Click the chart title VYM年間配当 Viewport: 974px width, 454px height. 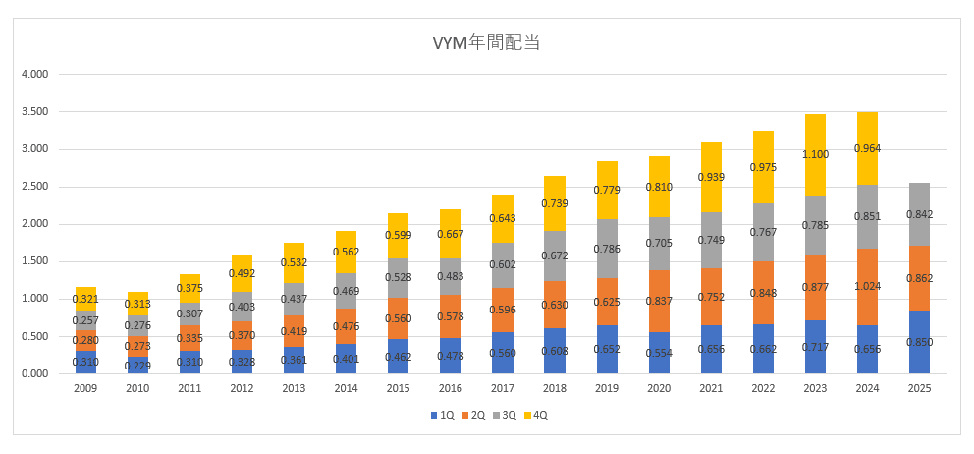click(487, 42)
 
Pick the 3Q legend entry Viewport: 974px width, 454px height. click(506, 416)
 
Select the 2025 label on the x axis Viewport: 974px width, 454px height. click(919, 389)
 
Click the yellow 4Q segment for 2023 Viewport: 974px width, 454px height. click(815, 138)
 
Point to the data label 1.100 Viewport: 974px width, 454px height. click(815, 154)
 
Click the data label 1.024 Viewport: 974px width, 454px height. click(867, 286)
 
